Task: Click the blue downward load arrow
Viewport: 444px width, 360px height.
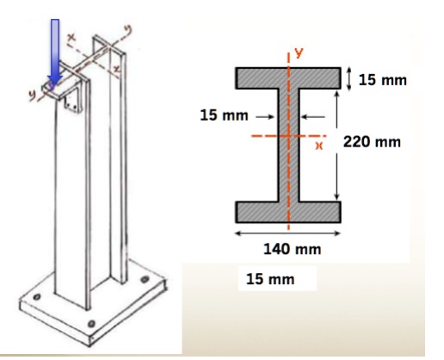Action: [55, 52]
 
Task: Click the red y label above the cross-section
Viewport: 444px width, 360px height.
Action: [299, 53]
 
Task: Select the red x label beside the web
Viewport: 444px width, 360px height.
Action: [318, 146]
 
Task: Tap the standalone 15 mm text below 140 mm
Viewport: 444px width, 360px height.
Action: [269, 280]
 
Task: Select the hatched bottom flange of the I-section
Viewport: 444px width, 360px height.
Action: [288, 211]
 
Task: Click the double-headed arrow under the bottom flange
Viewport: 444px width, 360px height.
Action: [288, 232]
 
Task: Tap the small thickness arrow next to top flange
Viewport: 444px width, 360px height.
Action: [349, 79]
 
